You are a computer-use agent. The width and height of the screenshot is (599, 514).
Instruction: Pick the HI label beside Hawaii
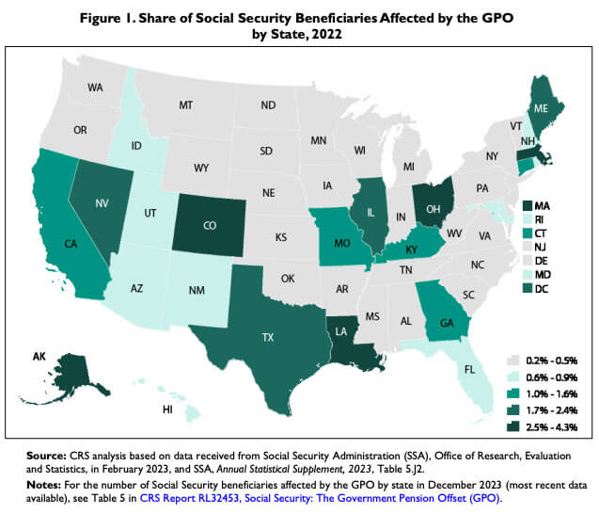pyautogui.click(x=166, y=410)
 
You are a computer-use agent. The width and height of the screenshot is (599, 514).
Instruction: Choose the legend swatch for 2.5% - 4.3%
pyautogui.click(x=513, y=426)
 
